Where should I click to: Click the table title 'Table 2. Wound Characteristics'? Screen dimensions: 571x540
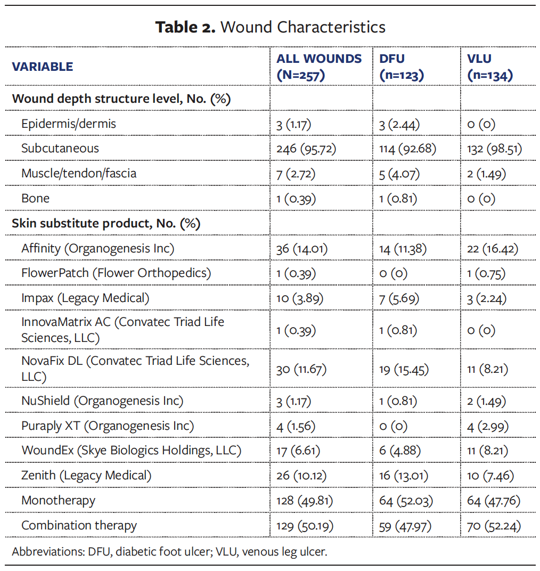(x=270, y=27)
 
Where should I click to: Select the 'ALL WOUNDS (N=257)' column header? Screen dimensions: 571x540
(x=318, y=67)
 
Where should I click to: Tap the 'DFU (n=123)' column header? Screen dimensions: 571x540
(x=401, y=67)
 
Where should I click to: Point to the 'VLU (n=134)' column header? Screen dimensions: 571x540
(x=489, y=67)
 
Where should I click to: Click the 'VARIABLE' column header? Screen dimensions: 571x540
(x=43, y=67)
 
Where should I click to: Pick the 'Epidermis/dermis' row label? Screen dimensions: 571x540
(x=69, y=124)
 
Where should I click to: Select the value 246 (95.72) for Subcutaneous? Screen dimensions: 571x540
(x=306, y=149)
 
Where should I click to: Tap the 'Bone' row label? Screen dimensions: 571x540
(x=35, y=198)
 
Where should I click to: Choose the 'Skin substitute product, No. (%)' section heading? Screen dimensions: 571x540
(x=106, y=223)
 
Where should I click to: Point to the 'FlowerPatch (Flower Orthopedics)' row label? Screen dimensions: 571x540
(x=116, y=273)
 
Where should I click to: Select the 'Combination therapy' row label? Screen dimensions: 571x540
(x=79, y=525)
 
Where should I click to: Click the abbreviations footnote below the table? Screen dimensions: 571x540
(x=169, y=551)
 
